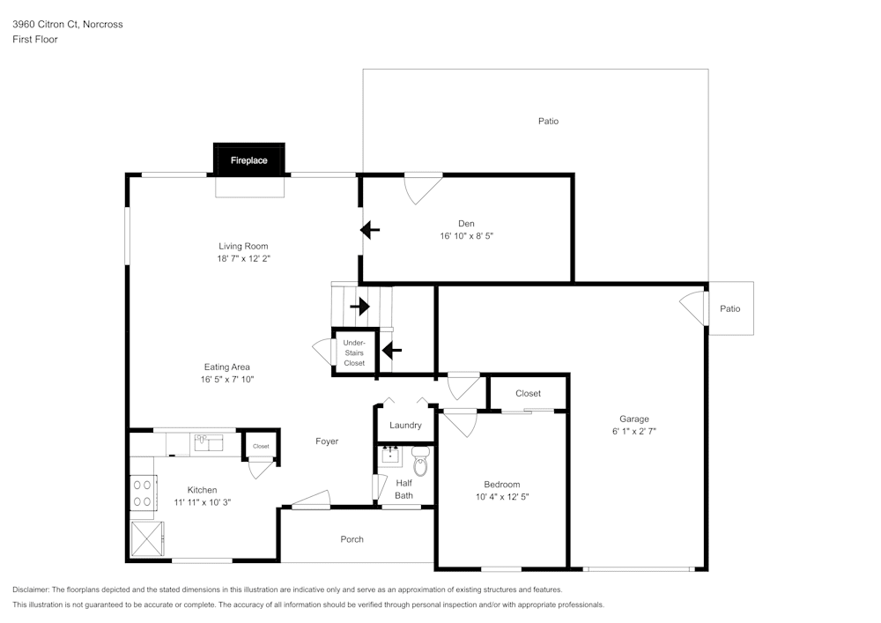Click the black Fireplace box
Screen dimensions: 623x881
point(249,159)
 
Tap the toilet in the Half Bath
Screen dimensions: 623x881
point(420,463)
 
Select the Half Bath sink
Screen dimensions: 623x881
point(390,456)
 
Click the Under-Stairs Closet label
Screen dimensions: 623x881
point(354,352)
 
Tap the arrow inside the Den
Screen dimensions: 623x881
point(370,231)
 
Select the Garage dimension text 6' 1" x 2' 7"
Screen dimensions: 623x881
point(633,432)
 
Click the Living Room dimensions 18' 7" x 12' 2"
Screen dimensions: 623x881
point(243,259)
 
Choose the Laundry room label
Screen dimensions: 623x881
point(405,425)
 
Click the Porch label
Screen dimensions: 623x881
point(352,539)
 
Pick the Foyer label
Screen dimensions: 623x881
point(326,441)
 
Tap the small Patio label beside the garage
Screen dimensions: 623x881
point(729,308)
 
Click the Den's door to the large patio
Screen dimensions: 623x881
point(423,188)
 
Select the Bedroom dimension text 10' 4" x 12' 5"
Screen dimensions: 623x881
point(501,497)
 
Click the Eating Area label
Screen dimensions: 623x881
point(228,367)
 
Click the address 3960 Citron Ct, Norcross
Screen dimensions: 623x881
point(68,25)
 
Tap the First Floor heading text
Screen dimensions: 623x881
point(35,40)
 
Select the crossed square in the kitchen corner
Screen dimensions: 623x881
point(146,538)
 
